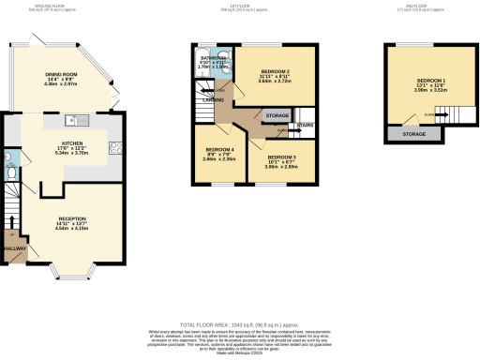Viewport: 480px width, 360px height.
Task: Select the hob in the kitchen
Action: coord(117,146)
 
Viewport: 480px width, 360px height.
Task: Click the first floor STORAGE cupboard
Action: coord(277,115)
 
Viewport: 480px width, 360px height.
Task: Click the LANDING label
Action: coord(214,100)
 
